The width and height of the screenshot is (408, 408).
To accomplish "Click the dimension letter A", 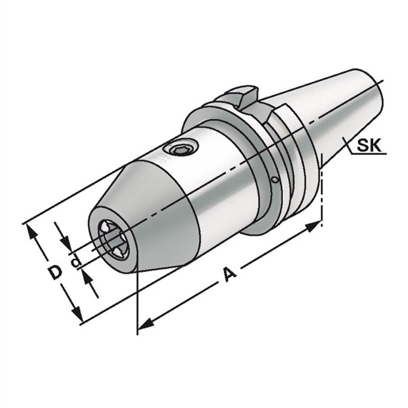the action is pyautogui.click(x=230, y=274).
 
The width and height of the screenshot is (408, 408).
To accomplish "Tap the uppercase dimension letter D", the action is pyautogui.click(x=56, y=272).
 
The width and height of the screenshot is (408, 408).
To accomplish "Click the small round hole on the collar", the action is pyautogui.click(x=275, y=180).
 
